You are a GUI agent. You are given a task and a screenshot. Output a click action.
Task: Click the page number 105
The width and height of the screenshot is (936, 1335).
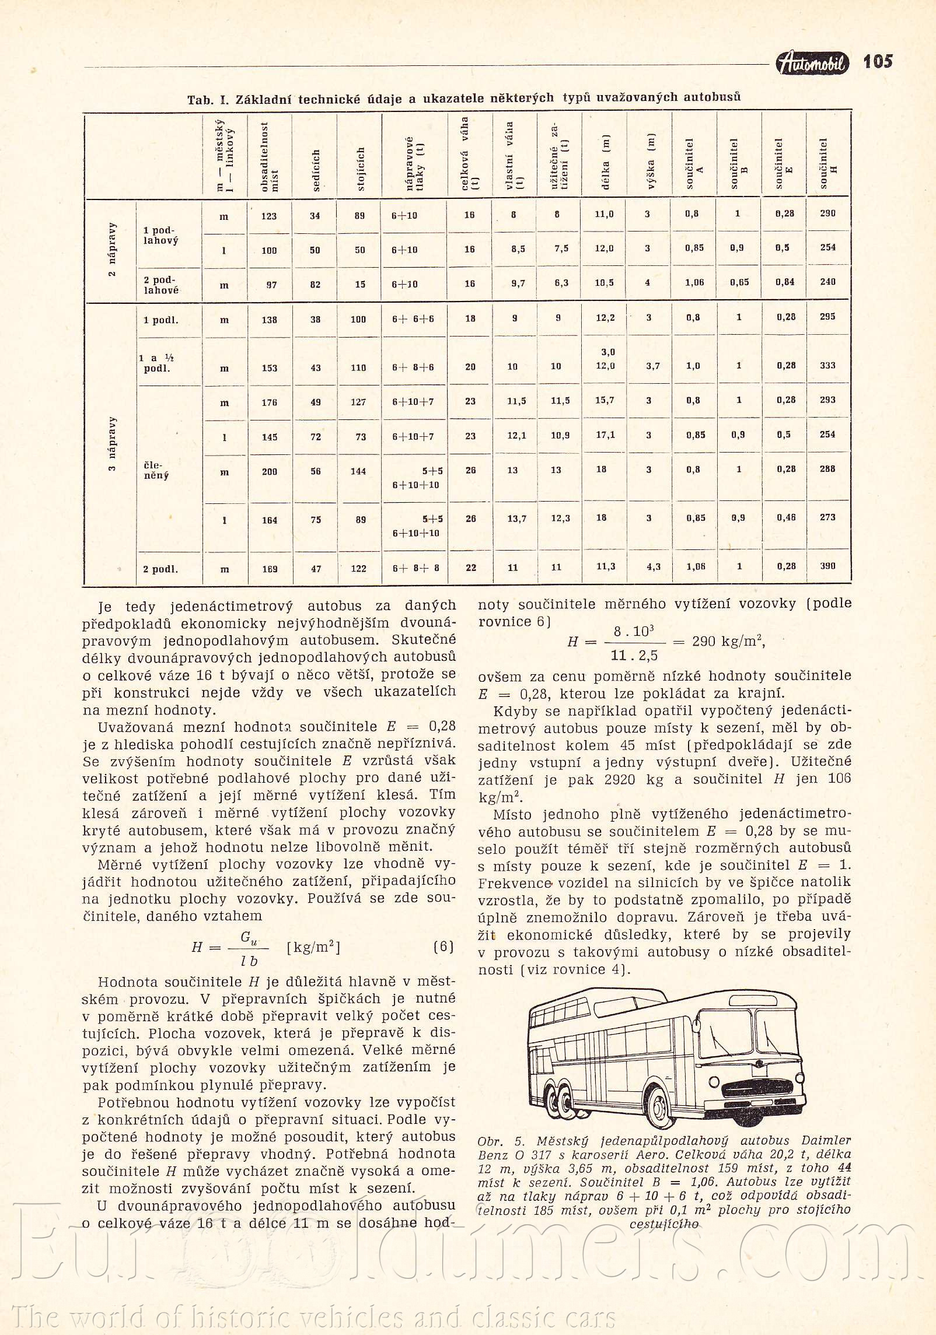878,61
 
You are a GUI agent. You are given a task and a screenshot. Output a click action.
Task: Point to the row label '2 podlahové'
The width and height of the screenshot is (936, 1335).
161,285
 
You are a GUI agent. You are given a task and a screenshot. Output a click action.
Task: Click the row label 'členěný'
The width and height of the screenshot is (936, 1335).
156,470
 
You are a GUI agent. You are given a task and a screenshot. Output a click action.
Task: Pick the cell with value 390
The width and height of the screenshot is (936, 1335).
827,566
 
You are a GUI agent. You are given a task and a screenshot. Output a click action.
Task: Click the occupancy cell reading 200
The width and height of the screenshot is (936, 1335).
270,472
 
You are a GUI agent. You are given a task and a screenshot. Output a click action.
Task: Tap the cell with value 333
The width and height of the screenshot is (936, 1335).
827,366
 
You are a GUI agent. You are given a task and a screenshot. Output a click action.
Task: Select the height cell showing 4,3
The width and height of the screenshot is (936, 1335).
654,567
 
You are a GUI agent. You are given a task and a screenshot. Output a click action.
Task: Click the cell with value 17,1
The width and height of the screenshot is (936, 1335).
604,435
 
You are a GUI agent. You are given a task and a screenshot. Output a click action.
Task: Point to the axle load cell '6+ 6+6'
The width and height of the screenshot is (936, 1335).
413,319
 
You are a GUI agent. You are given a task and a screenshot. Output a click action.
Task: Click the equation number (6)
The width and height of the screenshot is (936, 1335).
443,946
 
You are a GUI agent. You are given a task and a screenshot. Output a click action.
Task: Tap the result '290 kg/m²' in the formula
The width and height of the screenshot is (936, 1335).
728,642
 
